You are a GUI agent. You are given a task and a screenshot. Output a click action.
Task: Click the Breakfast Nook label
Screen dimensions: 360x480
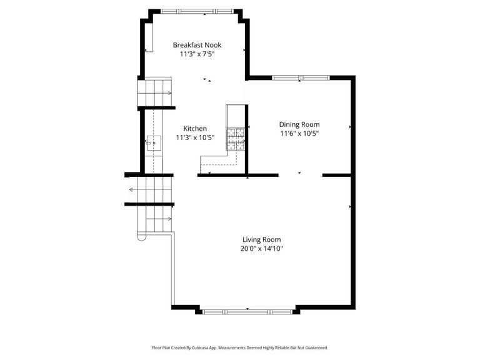click(197, 45)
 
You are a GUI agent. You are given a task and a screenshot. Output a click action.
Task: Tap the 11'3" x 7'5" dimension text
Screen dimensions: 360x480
click(197, 54)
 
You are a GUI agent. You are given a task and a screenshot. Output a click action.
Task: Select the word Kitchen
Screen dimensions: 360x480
click(195, 128)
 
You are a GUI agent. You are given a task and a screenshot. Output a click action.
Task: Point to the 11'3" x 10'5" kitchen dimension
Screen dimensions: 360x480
click(195, 137)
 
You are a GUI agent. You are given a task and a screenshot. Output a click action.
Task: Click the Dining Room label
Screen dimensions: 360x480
click(299, 124)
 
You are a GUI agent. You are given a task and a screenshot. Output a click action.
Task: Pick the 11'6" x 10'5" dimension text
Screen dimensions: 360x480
click(299, 133)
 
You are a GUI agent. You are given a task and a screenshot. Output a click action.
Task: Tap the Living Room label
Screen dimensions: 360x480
click(261, 239)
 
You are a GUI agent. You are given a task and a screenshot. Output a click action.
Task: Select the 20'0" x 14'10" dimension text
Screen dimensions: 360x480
click(261, 249)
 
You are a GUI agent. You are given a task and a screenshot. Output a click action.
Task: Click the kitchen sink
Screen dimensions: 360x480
click(154, 144)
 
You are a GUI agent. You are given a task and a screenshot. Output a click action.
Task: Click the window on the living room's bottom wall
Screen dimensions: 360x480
click(247, 310)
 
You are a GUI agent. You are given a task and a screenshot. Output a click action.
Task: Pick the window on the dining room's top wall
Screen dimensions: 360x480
click(301, 78)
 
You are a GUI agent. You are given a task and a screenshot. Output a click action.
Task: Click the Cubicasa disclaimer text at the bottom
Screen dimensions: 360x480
click(240, 347)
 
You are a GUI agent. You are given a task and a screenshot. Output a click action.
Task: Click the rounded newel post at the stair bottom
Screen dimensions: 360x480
click(141, 238)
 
